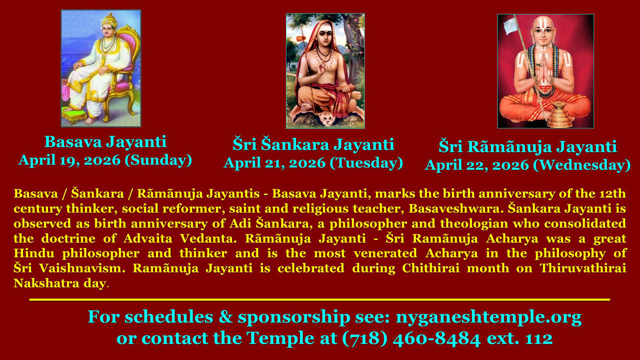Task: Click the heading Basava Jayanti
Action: pos(105,142)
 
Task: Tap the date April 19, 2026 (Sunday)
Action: pos(105,160)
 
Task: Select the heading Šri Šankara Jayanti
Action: pos(313,144)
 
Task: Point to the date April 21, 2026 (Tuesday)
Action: pos(313,163)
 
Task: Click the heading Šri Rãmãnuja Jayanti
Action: pos(527,147)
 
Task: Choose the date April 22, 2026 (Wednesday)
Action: pos(527,165)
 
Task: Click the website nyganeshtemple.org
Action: pos(488,317)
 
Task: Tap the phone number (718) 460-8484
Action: pos(411,338)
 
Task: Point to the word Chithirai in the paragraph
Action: pos(431,268)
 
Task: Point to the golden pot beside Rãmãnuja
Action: pos(559,114)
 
